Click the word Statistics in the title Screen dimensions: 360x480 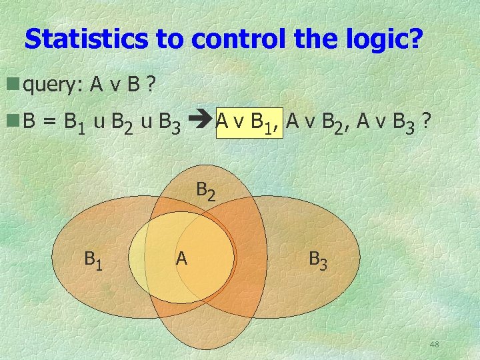(86, 39)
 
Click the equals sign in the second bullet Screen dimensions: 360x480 (49, 122)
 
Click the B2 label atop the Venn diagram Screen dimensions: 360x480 (206, 191)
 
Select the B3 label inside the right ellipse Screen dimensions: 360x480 (318, 259)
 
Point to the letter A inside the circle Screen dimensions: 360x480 (181, 257)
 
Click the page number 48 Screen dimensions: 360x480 (434, 344)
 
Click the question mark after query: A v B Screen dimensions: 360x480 (151, 85)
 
